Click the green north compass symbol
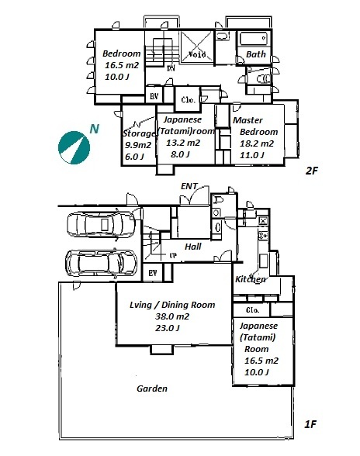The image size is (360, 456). pos(74,147)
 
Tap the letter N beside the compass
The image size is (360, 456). pos(94,129)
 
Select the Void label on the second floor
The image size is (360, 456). pos(197,54)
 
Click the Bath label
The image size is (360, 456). pos(256,54)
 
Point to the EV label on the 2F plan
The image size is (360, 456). pos(154,96)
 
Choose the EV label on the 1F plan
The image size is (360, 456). pos(153,273)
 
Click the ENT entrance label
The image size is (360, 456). pos(189,186)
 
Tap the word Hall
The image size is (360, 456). pos(193,247)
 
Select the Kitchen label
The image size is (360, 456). pos(251,279)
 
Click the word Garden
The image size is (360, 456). pos(152,389)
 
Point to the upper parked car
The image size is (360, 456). pos(101,225)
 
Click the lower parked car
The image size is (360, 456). pos(101,263)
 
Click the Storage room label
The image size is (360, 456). pos(139,133)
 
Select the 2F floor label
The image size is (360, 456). pos(311,171)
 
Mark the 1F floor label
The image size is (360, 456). pos(310,425)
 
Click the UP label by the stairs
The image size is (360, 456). pos(173,256)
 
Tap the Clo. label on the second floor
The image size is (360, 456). pos(188,100)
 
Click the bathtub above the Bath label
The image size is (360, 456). pos(253,39)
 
